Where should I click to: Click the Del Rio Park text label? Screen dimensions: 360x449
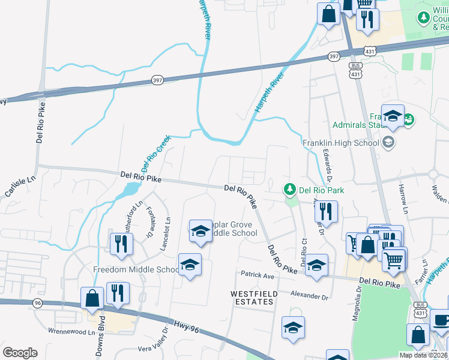(316, 190)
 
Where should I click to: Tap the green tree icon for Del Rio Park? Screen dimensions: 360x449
(291, 190)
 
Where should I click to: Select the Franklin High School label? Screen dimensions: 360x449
(341, 143)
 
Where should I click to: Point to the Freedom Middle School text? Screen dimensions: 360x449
(136, 269)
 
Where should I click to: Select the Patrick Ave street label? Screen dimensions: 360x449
(257, 275)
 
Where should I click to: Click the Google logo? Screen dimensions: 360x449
(20, 353)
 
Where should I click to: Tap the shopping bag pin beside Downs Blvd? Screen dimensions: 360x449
(92, 298)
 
